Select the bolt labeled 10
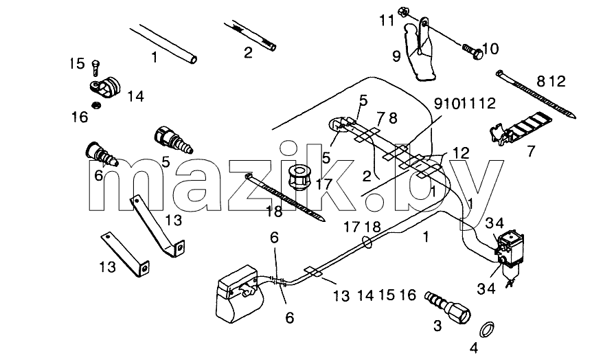click(473, 52)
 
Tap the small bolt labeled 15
click(95, 67)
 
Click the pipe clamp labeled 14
click(105, 87)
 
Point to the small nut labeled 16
click(97, 105)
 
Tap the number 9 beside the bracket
click(396, 56)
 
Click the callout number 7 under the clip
click(531, 151)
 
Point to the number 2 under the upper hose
click(248, 52)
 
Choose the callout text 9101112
click(465, 103)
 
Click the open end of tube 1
click(193, 60)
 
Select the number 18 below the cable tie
click(274, 212)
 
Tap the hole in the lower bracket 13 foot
click(144, 269)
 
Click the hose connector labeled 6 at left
click(101, 154)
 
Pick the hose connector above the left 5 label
click(174, 140)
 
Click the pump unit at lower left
click(238, 293)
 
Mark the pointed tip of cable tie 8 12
click(574, 117)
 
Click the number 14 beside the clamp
click(135, 96)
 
